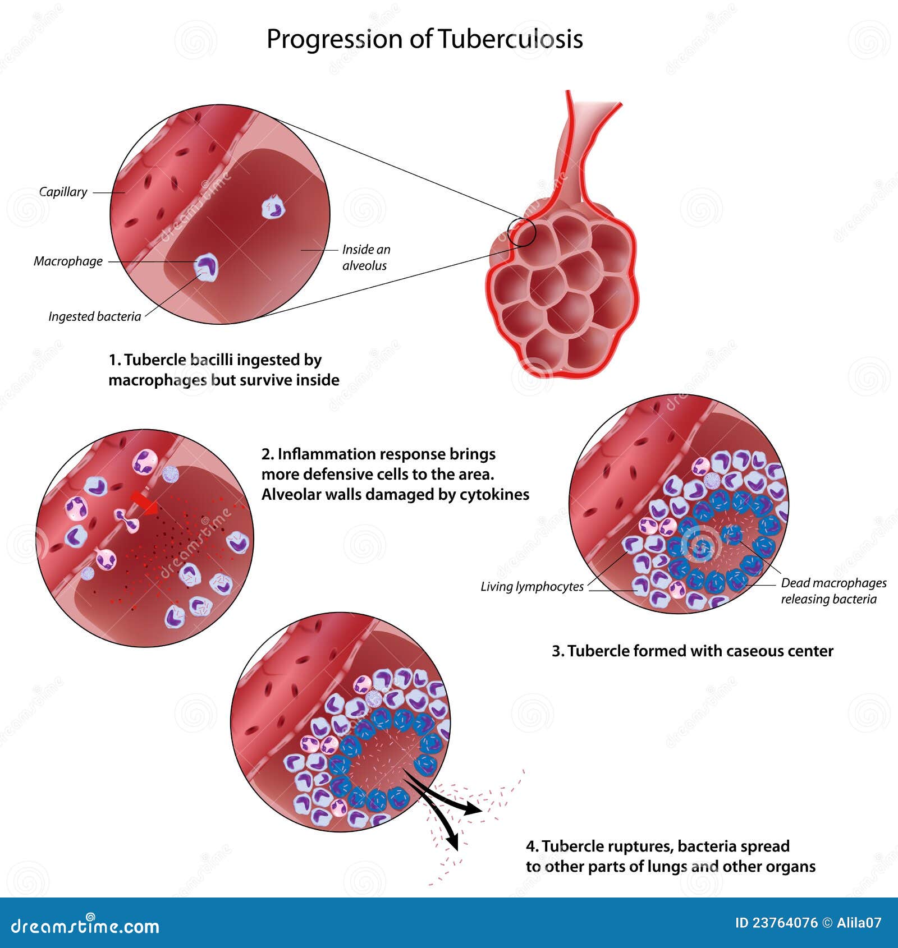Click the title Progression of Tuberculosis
pyautogui.click(x=424, y=39)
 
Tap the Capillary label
pyautogui.click(x=63, y=192)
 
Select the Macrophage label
pyautogui.click(x=68, y=261)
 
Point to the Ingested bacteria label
pyautogui.click(x=94, y=316)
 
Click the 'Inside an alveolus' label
pyautogui.click(x=366, y=257)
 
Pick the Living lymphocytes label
pyautogui.click(x=532, y=587)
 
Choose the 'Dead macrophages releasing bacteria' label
pyautogui.click(x=833, y=591)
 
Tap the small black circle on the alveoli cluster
pyautogui.click(x=522, y=232)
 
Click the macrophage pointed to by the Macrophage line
pyautogui.click(x=206, y=266)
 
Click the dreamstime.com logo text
pyautogui.click(x=85, y=926)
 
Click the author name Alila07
pyautogui.click(x=859, y=923)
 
